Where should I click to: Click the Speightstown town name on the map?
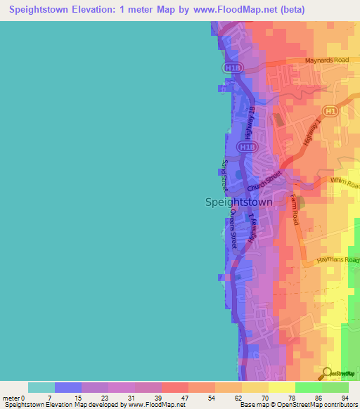pos(238,202)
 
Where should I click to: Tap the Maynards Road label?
pos(327,60)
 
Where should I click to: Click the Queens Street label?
pos(230,228)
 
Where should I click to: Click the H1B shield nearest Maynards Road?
pos(233,67)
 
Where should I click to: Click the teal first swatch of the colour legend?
pos(41,387)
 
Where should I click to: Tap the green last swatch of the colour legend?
pos(335,387)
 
